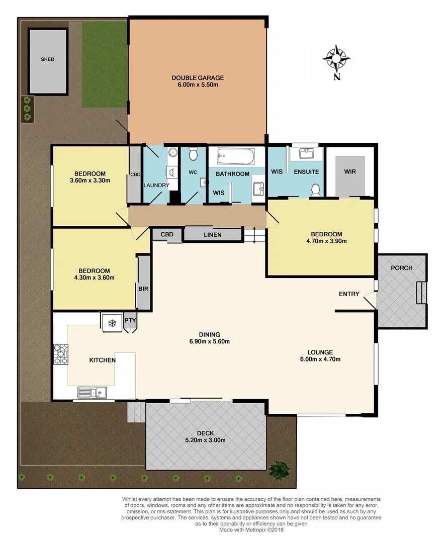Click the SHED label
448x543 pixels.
coord(48,59)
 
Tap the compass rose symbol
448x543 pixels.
coord(336,58)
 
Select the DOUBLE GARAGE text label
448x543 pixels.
coord(198,78)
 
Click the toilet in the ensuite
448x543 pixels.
coord(316,189)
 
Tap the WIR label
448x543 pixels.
coord(350,172)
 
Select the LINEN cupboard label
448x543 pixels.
coord(213,235)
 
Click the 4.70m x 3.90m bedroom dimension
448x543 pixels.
coord(326,241)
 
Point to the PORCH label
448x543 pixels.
coord(401,268)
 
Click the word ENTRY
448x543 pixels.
coord(349,294)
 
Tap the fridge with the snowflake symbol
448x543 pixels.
coord(113,323)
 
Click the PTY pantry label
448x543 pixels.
coord(130,320)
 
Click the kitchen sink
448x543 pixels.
coord(91,392)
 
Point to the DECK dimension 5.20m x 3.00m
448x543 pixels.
coord(205,440)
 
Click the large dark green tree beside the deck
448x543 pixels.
coord(279,471)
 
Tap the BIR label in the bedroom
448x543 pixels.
coord(142,289)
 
